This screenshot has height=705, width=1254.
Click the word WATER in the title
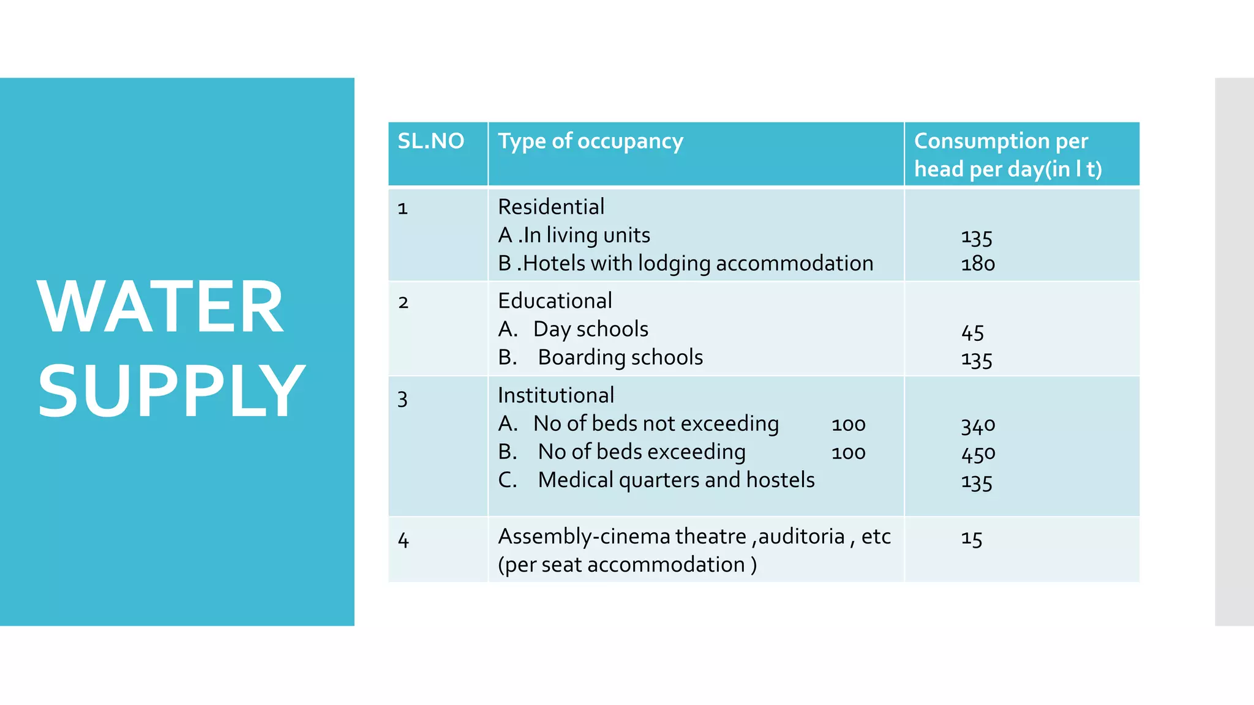coord(160,307)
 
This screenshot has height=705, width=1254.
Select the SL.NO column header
coord(431,141)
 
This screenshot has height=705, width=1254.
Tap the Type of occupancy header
coord(590,141)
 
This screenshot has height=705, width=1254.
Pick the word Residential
coord(551,207)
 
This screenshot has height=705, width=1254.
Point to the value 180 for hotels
coord(978,264)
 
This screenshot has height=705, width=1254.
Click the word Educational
coord(555,301)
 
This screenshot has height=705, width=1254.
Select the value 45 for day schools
coord(972,332)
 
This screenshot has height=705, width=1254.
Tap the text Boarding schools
coord(620,357)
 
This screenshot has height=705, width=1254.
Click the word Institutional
coord(556,395)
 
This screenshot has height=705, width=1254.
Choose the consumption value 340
coord(978,425)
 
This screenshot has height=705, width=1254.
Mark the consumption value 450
coord(978,453)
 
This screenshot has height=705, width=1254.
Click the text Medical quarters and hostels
coord(676,480)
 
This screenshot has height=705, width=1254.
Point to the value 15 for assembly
coord(971,539)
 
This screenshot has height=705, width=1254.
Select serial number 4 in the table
coord(403,540)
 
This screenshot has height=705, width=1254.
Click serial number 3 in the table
coord(402,399)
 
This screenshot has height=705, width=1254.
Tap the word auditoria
coord(802,537)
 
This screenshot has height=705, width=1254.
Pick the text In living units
coord(587,236)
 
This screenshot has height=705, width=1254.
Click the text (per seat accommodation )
coord(627,564)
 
